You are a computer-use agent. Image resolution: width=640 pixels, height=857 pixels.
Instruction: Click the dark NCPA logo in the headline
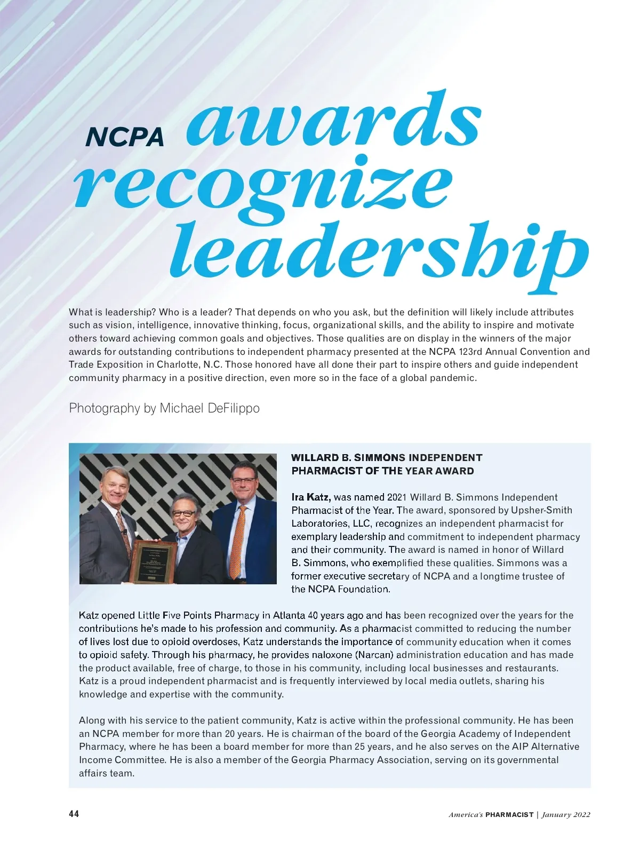[125, 137]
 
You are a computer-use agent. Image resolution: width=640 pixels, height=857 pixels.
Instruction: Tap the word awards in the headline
[333, 120]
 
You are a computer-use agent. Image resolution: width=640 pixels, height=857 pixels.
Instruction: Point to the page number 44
[74, 814]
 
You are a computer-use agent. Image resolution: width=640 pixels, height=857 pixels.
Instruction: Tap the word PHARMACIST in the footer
[509, 815]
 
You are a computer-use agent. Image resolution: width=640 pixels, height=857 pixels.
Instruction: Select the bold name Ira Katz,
[311, 497]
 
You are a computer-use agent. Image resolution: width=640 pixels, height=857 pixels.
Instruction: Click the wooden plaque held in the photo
[155, 562]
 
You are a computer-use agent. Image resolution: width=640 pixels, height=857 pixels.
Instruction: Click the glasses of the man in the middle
[183, 513]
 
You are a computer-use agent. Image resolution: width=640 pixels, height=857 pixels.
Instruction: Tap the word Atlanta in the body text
[289, 615]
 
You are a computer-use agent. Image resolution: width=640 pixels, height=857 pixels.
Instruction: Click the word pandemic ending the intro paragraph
[456, 378]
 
